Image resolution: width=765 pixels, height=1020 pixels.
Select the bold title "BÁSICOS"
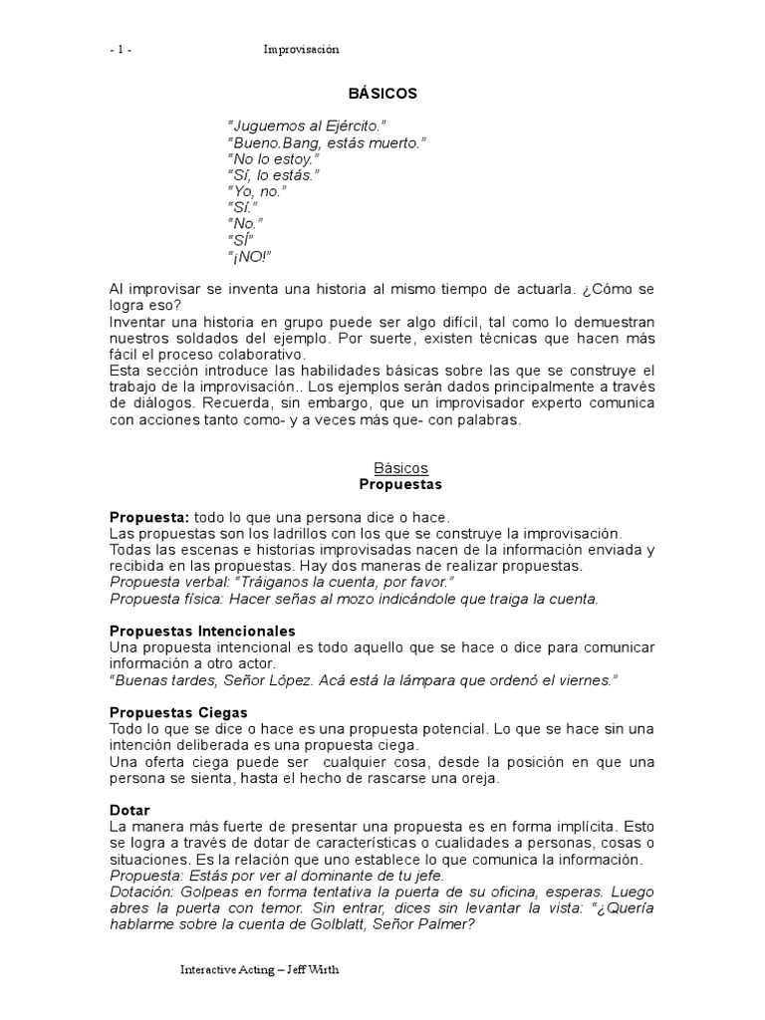click(382, 94)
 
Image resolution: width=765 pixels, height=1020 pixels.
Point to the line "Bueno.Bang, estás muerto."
click(326, 143)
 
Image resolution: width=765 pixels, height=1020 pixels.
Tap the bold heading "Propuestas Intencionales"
click(202, 632)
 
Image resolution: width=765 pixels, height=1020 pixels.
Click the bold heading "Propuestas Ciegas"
click(178, 712)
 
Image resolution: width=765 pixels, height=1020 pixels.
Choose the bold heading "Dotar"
click(129, 810)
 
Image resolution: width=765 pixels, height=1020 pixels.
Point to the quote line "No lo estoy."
click(275, 159)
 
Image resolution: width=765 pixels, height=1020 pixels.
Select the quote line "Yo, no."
click(257, 191)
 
